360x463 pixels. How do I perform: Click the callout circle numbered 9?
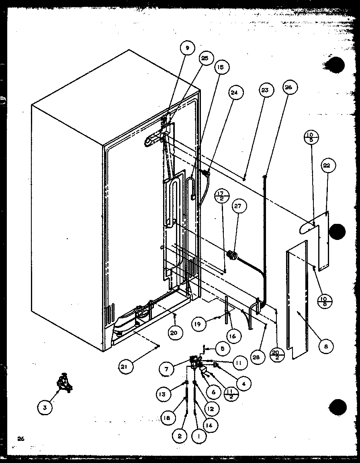[187, 48]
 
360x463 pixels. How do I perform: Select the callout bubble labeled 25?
[205, 59]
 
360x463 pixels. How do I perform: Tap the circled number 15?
[221, 67]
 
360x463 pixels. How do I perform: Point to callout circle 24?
[234, 92]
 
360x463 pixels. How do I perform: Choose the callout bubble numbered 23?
[264, 90]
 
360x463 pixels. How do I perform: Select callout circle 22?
[328, 166]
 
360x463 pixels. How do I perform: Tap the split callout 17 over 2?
[222, 196]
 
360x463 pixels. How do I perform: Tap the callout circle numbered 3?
[45, 408]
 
